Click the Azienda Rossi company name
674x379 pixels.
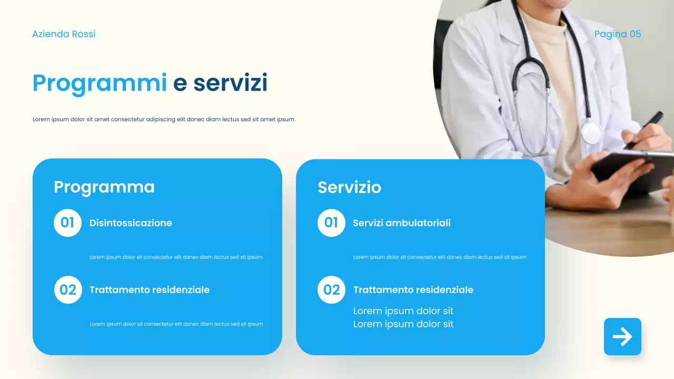pos(64,34)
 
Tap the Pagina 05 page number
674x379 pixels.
pos(618,34)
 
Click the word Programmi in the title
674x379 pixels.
pos(100,83)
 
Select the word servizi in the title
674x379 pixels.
pos(230,83)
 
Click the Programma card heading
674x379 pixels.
pos(104,187)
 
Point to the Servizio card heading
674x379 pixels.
pos(349,187)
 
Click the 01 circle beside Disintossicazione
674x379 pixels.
pos(67,223)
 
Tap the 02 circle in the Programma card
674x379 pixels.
pos(68,290)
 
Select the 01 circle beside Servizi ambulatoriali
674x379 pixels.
pos(331,223)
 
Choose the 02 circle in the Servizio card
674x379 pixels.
pos(332,290)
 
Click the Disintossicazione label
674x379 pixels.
pos(131,223)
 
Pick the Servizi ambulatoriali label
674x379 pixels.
pos(402,223)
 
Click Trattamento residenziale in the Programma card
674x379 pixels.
pos(150,290)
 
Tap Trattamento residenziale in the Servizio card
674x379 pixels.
pos(413,290)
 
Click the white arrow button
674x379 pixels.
pos(622,336)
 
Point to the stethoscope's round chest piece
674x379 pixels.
pos(591,132)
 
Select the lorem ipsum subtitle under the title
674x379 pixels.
pos(164,119)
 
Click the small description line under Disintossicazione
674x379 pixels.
pos(176,257)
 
